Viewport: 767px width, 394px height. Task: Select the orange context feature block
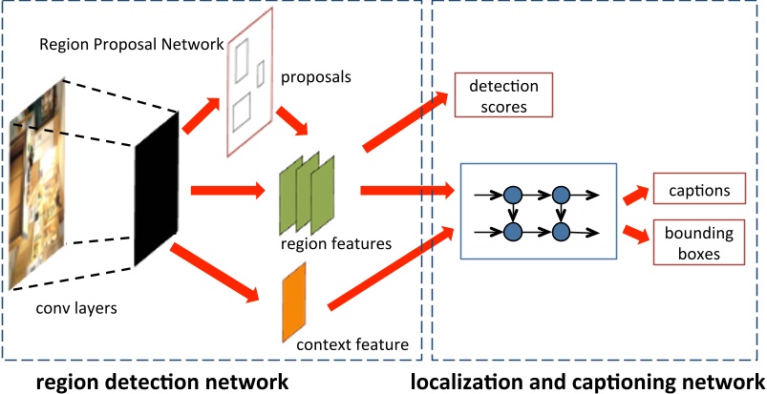293,303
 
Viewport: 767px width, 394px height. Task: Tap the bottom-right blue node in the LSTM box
561,231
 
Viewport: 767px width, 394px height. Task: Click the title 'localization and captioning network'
587,382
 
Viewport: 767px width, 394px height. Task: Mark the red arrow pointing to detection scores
405,120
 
